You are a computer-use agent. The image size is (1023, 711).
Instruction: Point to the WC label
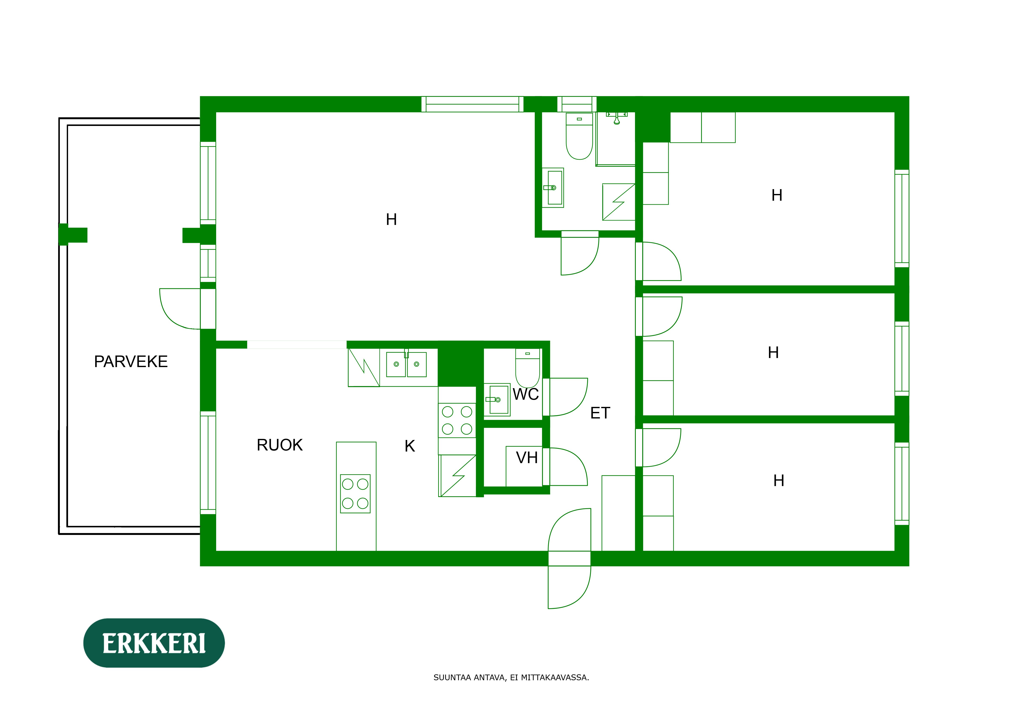[x=526, y=394]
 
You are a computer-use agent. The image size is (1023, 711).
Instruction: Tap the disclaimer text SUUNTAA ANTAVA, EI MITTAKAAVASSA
[x=511, y=678]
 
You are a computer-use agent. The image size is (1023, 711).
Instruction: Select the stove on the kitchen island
[x=355, y=494]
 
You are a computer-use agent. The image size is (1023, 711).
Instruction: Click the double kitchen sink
[x=406, y=364]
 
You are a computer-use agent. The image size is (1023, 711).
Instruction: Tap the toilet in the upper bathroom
[x=579, y=137]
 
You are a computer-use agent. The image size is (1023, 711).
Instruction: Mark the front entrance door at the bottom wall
[x=569, y=559]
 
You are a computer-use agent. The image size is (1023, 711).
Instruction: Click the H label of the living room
[x=391, y=220]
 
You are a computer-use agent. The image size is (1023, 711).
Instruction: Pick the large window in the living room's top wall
[x=472, y=104]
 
